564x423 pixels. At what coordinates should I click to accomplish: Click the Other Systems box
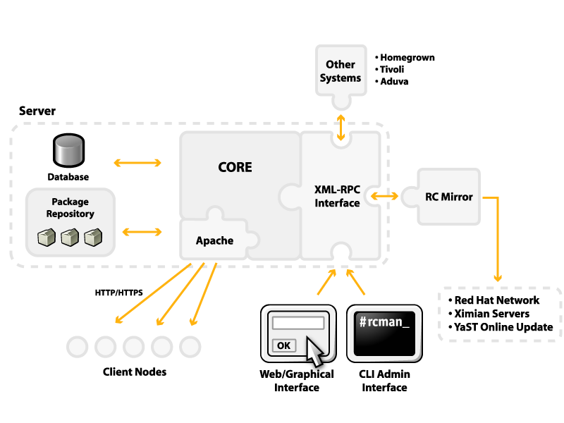pyautogui.click(x=341, y=70)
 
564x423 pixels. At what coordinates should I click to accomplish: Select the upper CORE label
pyautogui.click(x=235, y=167)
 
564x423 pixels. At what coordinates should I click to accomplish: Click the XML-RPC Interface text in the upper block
pyautogui.click(x=337, y=196)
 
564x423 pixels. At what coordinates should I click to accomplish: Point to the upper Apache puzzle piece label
pyautogui.click(x=214, y=240)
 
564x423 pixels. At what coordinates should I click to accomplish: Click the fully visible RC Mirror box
pyautogui.click(x=449, y=197)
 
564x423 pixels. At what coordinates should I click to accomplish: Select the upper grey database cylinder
pyautogui.click(x=68, y=149)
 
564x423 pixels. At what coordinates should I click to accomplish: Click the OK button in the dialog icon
pyautogui.click(x=283, y=345)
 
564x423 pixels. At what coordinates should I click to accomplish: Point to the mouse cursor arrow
pyautogui.click(x=317, y=351)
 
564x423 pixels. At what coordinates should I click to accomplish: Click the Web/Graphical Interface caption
pyautogui.click(x=296, y=381)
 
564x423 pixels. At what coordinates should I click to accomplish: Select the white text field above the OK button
pyautogui.click(x=298, y=323)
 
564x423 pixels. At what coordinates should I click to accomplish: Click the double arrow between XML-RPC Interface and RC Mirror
pyautogui.click(x=384, y=195)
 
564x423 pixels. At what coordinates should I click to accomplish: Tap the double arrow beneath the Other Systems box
pyautogui.click(x=341, y=127)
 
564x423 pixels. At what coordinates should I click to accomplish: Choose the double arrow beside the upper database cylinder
pyautogui.click(x=137, y=163)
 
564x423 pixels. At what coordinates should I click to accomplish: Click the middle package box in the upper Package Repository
pyautogui.click(x=69, y=238)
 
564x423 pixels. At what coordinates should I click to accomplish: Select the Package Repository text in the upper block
pyautogui.click(x=70, y=208)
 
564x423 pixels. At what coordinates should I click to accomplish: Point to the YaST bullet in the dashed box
pyautogui.click(x=465, y=327)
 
